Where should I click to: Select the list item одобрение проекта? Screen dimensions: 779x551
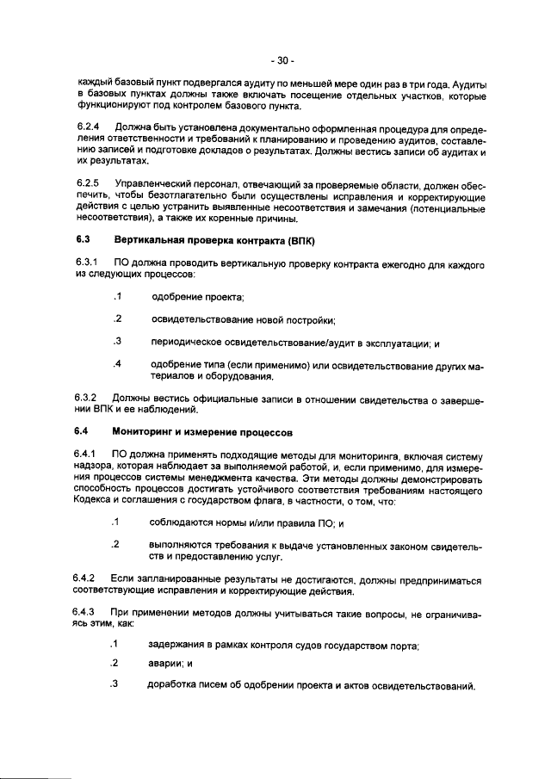tap(197, 298)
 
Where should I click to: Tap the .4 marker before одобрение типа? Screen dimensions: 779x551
tap(117, 364)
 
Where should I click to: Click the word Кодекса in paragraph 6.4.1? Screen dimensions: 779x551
tap(96, 501)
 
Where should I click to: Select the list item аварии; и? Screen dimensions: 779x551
tap(169, 664)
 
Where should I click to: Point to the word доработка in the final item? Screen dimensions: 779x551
tap(176, 686)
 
